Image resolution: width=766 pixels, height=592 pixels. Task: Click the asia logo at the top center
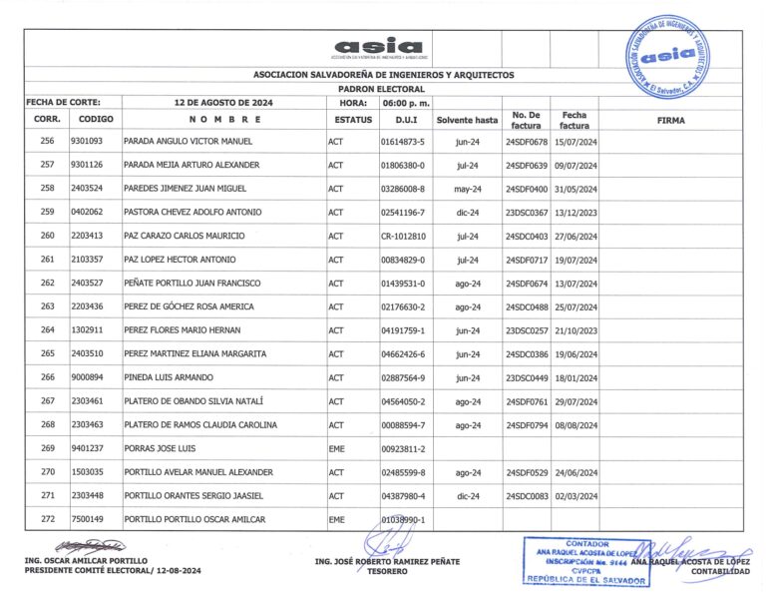[378, 47]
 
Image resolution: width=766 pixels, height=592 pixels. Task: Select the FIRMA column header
[671, 120]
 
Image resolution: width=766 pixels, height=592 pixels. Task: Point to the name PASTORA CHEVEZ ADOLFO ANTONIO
[192, 212]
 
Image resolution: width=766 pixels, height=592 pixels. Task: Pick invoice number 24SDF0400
[527, 188]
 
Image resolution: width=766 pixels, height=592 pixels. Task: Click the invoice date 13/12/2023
[574, 212]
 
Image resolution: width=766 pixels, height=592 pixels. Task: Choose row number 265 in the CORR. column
[47, 353]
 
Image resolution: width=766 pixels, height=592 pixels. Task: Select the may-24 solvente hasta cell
[467, 188]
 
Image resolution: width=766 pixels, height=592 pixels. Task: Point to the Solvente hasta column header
[467, 120]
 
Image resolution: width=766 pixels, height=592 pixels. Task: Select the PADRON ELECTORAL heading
[383, 89]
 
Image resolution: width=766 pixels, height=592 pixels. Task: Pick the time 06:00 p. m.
[406, 103]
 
